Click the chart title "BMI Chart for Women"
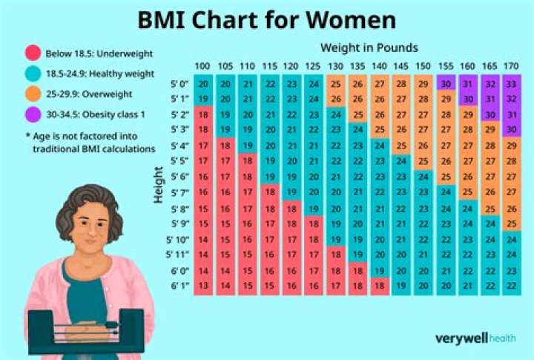[266, 20]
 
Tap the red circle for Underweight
[32, 54]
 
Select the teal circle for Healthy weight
[32, 73]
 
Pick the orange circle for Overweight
[32, 94]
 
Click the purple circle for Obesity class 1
[32, 114]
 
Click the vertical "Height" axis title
[158, 184]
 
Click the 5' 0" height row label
[179, 84]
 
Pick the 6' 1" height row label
[179, 285]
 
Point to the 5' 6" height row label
[179, 177]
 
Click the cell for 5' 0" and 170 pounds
[510, 84]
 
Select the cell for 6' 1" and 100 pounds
[203, 285]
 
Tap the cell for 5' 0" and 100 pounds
[203, 84]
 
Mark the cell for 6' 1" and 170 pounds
[510, 285]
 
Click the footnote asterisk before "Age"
[27, 137]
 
